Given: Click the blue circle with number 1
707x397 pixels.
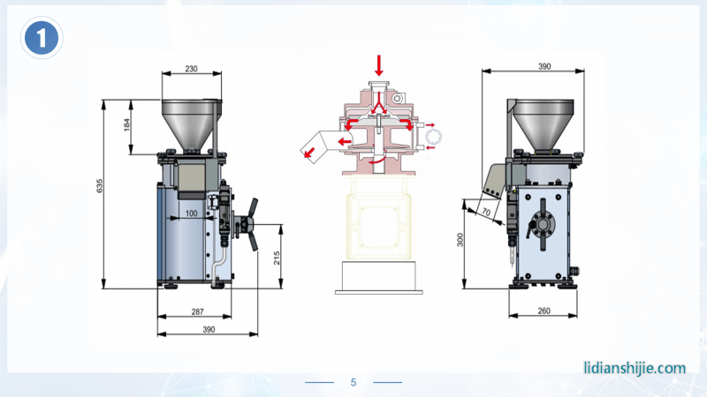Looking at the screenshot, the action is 42,38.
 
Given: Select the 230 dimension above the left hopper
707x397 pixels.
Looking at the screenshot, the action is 191,69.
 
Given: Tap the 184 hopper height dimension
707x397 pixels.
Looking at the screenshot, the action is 126,124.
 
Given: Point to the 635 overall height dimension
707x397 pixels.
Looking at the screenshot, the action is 100,186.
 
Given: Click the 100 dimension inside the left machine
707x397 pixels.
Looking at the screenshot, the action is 191,213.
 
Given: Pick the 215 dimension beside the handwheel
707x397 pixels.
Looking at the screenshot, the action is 277,258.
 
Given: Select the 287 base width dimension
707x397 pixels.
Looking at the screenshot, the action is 197,311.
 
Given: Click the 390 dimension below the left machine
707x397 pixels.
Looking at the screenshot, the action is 209,329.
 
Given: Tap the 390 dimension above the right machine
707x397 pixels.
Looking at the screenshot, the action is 544,66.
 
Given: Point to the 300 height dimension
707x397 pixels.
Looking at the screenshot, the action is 460,240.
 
